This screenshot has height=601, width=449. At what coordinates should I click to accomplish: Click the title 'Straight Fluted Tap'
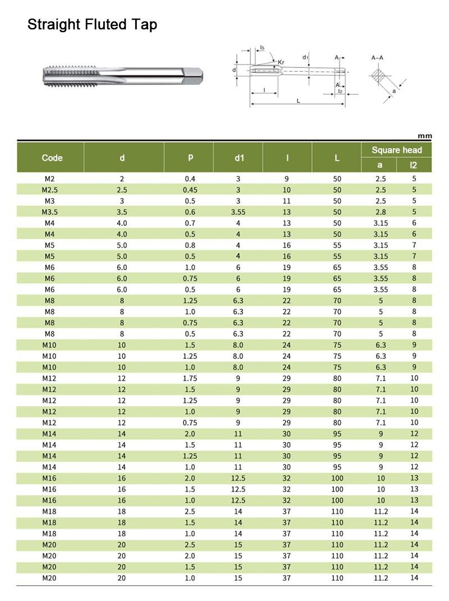click(x=92, y=25)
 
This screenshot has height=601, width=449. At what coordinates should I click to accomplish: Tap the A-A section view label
click(x=377, y=58)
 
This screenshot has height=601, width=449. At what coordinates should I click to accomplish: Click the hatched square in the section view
click(x=379, y=76)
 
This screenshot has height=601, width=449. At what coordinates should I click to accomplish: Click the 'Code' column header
click(x=52, y=158)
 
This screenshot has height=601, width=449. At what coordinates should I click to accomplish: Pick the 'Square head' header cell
click(x=396, y=150)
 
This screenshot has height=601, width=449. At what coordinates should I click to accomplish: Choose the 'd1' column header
click(x=240, y=158)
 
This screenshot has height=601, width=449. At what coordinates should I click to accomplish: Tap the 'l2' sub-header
click(x=414, y=165)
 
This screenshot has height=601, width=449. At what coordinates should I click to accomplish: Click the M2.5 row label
click(x=49, y=190)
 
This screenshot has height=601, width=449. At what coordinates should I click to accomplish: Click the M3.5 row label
click(x=49, y=212)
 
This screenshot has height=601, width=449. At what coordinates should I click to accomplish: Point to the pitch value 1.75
click(x=190, y=378)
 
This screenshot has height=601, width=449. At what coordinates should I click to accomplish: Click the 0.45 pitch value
click(x=190, y=190)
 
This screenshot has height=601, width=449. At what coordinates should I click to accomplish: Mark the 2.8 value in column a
click(x=381, y=212)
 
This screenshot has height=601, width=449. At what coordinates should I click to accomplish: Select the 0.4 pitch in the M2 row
click(x=190, y=179)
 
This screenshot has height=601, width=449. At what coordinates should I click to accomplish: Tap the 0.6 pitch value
click(x=190, y=212)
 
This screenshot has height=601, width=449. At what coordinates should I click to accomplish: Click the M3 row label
click(x=49, y=201)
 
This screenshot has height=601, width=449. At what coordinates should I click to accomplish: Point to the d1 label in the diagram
click(x=305, y=57)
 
